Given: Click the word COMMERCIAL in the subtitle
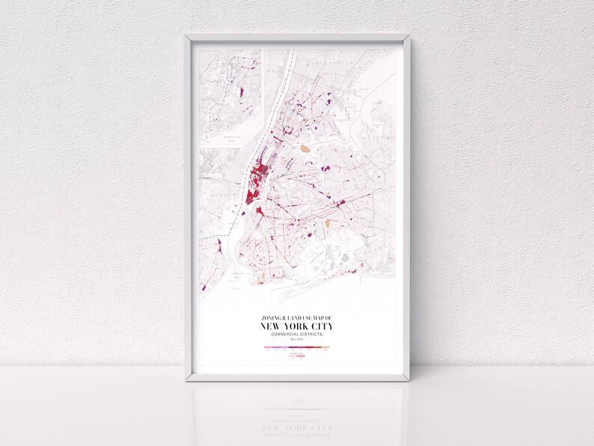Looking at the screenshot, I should coord(287,334).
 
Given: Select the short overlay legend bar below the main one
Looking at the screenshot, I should coord(297,357).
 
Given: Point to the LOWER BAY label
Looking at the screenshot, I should coord(236,274).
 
